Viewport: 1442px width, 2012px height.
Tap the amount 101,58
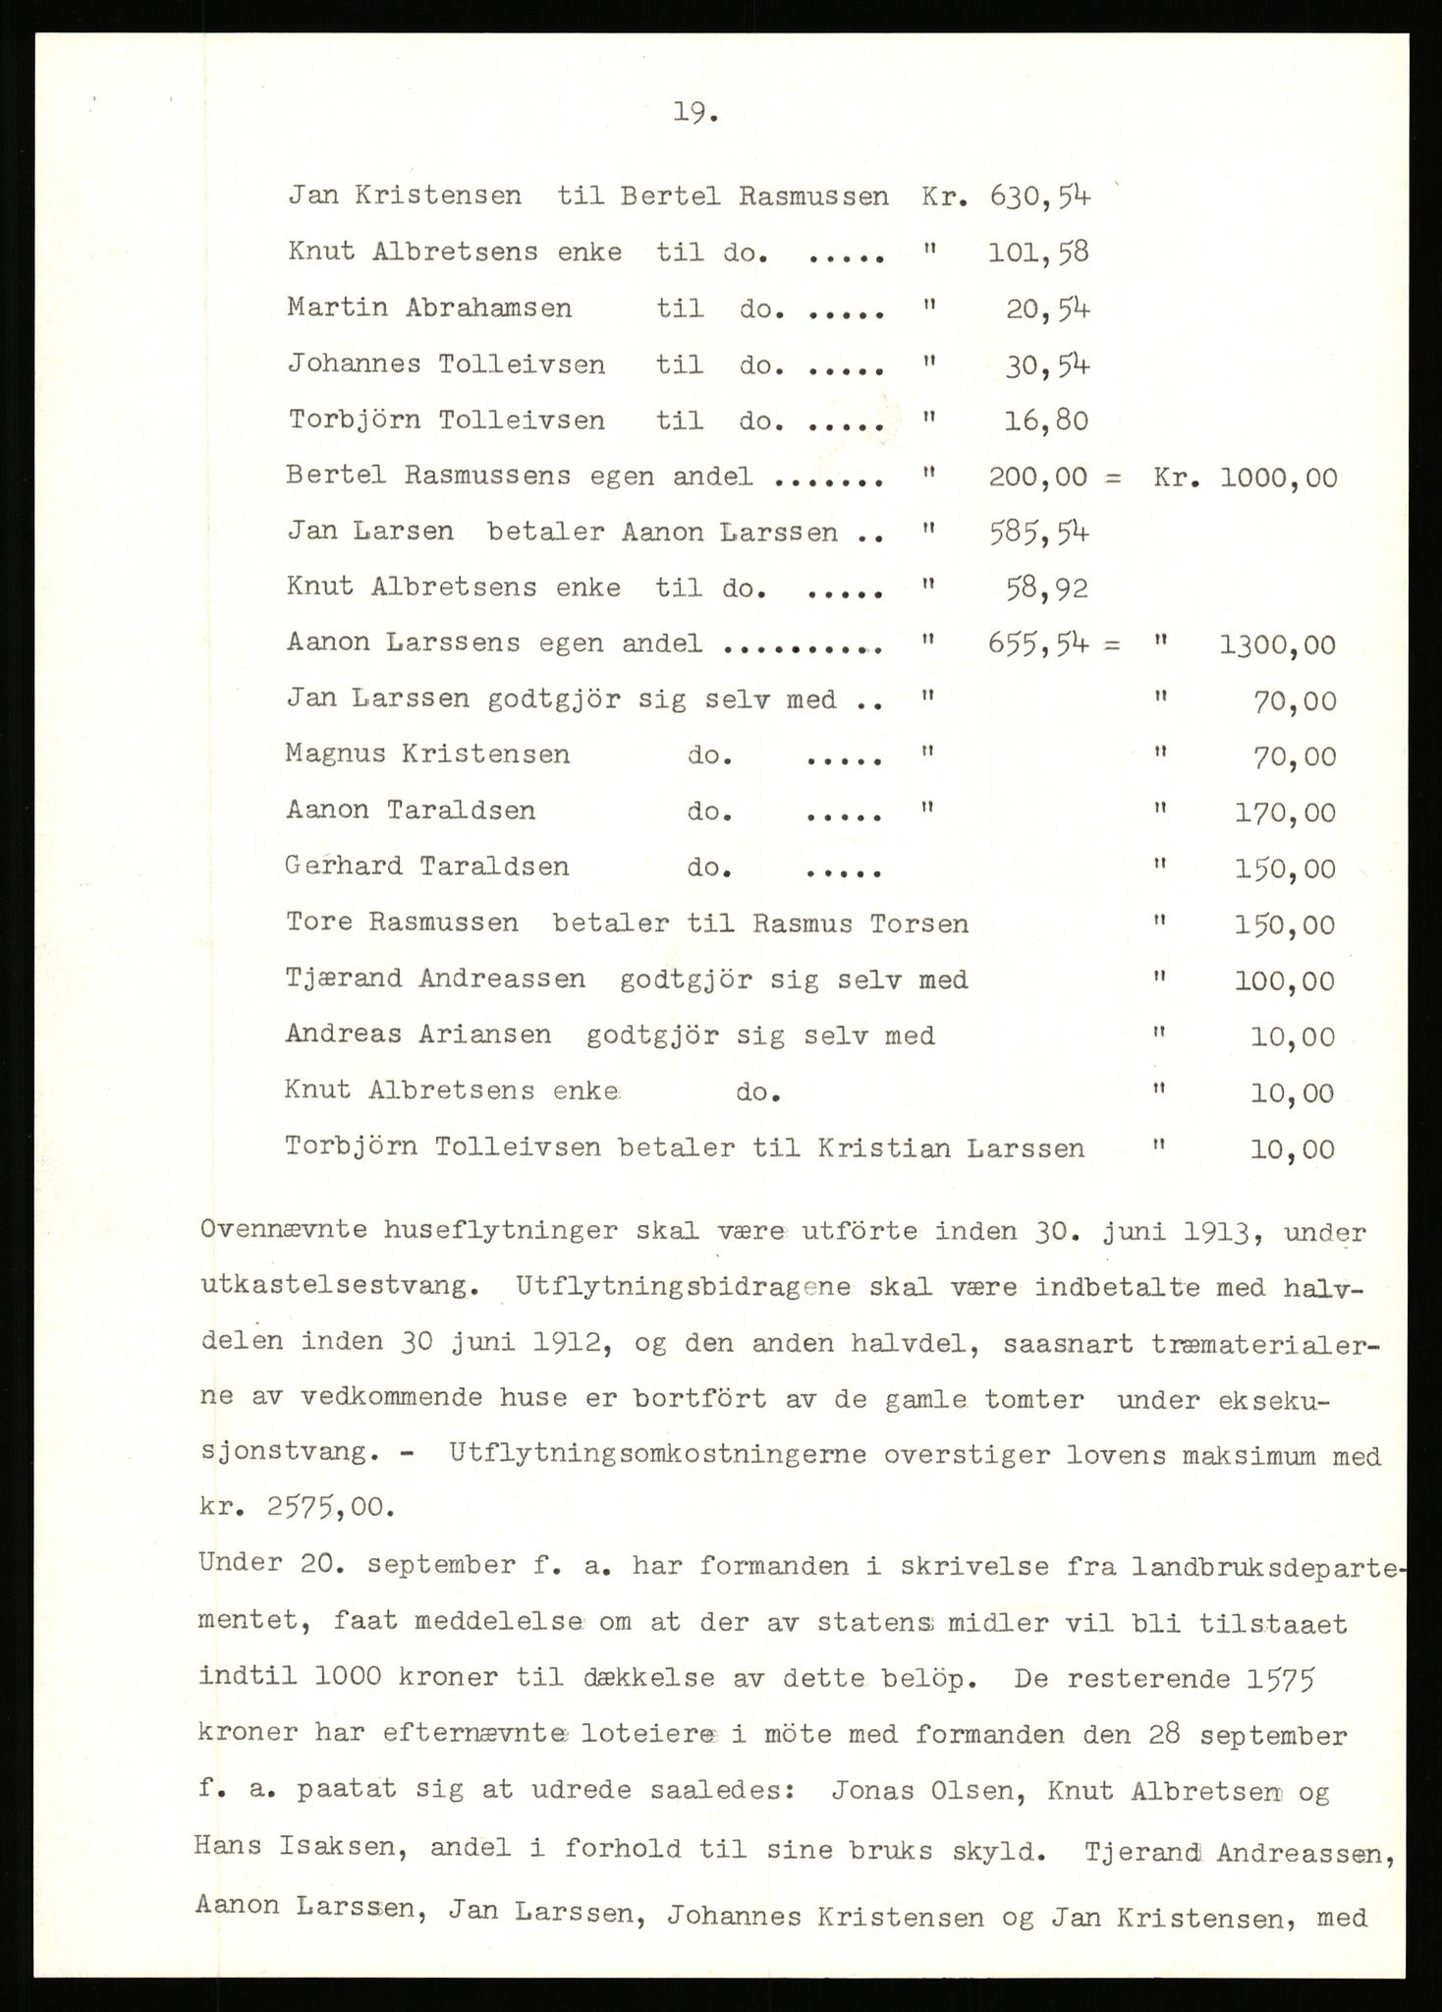pyautogui.click(x=1038, y=252)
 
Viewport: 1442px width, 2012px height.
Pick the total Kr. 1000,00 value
pyautogui.click(x=1277, y=477)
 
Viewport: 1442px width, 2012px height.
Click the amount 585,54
pyautogui.click(x=1038, y=532)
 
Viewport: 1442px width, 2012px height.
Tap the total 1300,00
pyautogui.click(x=1277, y=645)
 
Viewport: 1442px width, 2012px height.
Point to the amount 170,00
pyautogui.click(x=1285, y=812)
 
